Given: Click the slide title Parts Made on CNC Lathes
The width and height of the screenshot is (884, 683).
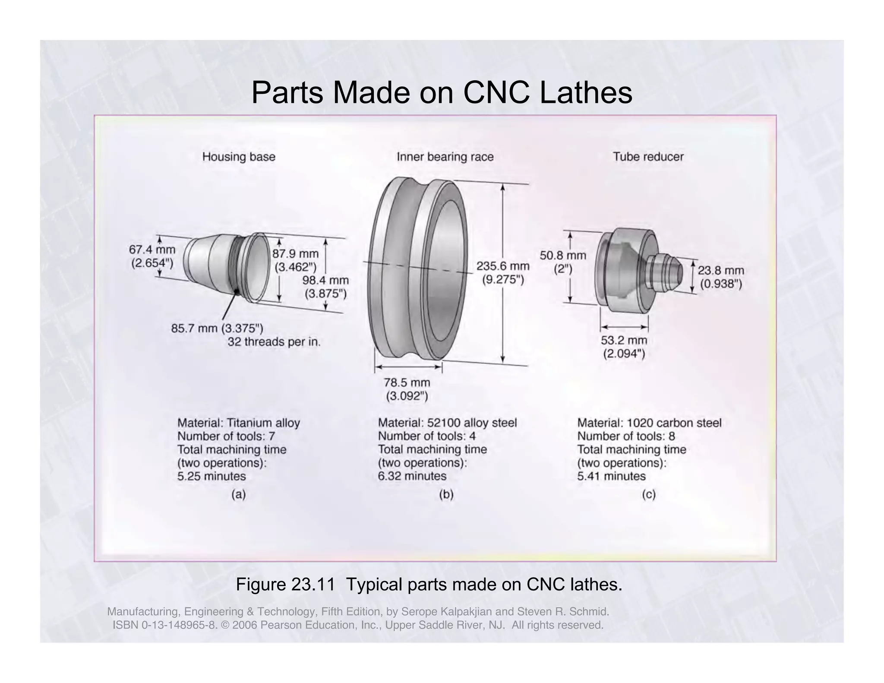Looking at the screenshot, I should pos(441,92).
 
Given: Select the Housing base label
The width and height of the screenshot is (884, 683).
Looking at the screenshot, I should pos(239,157).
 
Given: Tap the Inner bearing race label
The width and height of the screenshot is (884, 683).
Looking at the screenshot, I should pos(445,157).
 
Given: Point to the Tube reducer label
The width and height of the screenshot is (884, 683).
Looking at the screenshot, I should pos(648,157).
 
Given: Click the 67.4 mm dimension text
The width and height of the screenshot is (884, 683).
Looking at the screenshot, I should pos(152,250).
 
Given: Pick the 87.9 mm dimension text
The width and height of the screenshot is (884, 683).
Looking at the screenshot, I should pos(295,254).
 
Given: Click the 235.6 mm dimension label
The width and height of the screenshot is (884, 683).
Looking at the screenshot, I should pos(502,266).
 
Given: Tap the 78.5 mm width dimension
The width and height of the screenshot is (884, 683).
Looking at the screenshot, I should pos(407,383).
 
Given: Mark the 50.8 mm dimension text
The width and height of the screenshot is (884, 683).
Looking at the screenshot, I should pos(563,256).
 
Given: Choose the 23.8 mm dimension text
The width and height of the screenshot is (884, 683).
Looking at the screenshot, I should pos(721,271).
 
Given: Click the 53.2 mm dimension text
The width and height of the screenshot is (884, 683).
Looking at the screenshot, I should pos(624,341).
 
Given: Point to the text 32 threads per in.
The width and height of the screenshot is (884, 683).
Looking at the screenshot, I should pos(274,342).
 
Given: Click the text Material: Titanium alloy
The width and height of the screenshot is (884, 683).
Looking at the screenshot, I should pos(238,423).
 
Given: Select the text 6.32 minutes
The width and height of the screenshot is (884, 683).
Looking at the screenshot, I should pos(412,476).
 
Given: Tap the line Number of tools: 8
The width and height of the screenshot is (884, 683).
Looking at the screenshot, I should pos(626,436).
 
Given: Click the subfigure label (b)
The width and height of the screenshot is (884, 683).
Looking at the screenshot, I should pos(446,495).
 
